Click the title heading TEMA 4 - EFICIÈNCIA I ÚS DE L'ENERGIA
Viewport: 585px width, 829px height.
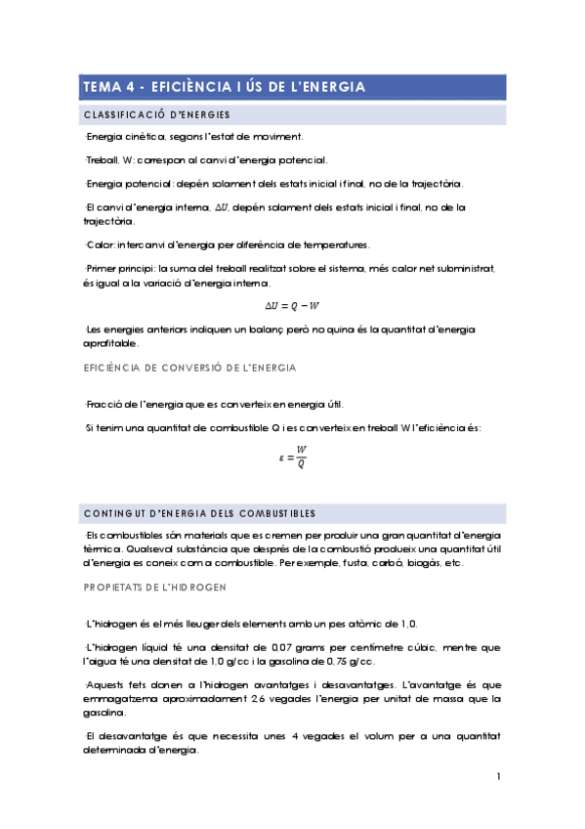point(225,87)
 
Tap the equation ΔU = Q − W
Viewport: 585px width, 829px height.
point(293,304)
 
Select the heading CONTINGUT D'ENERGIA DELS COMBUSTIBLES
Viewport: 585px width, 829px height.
point(199,513)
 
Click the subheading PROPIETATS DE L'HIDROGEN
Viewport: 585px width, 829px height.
point(155,587)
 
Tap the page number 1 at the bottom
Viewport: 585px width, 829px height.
point(498,776)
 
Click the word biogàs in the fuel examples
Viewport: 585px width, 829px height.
point(421,563)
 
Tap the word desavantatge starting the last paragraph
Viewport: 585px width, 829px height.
point(130,736)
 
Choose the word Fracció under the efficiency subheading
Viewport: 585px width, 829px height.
point(104,404)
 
